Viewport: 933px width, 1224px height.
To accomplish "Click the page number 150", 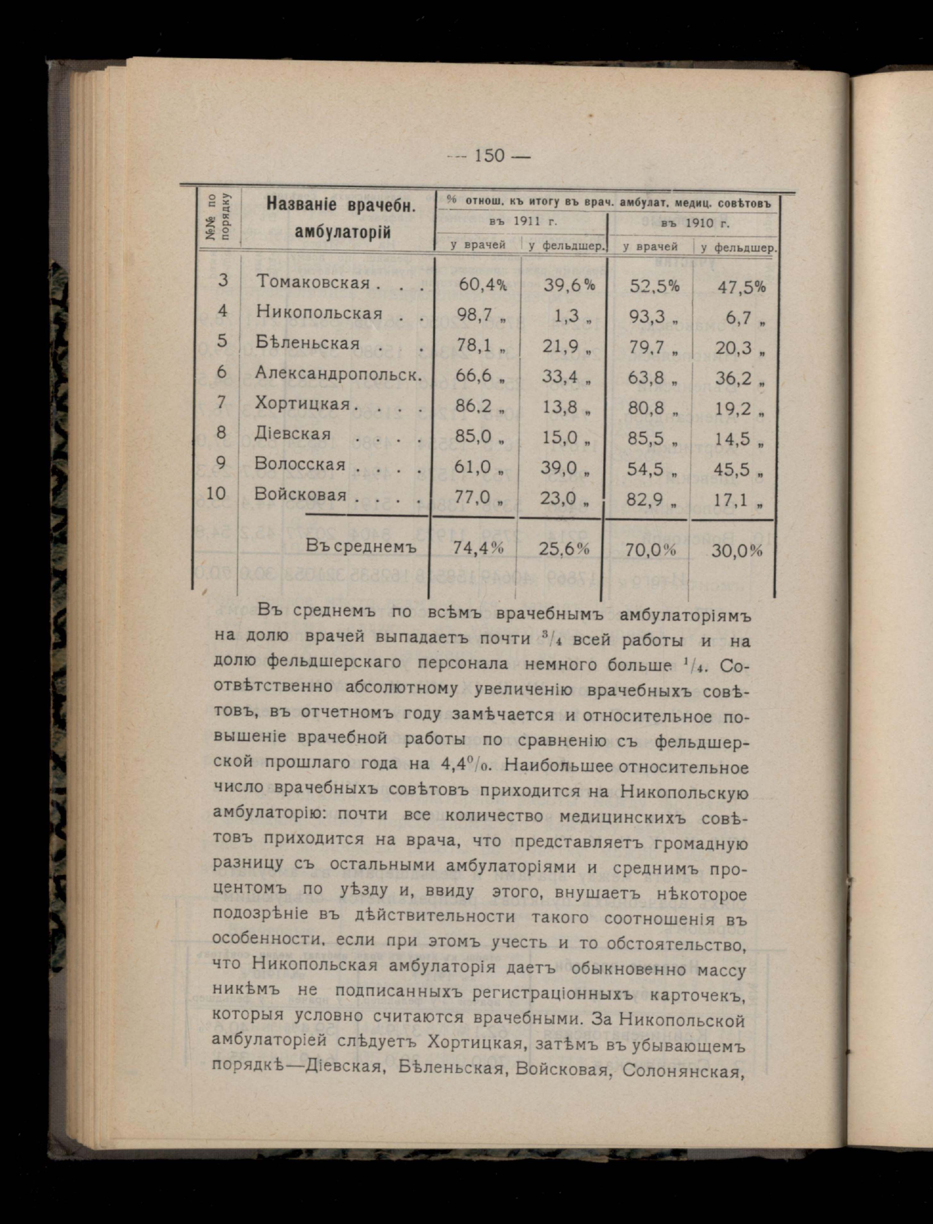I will [489, 156].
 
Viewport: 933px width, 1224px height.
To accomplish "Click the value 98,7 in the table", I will [475, 315].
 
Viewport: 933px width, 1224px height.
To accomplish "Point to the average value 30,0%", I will [737, 551].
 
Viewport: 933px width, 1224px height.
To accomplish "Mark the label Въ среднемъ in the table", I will [361, 547].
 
